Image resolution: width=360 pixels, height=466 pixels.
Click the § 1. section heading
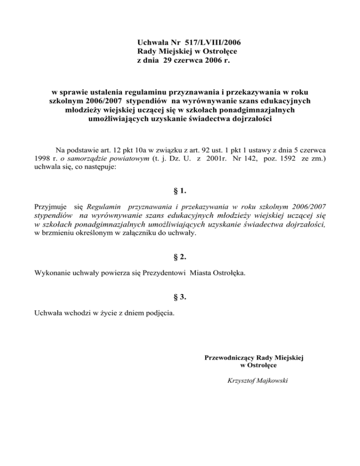pos(180,191)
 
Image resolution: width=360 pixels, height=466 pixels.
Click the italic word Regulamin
pos(105,206)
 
